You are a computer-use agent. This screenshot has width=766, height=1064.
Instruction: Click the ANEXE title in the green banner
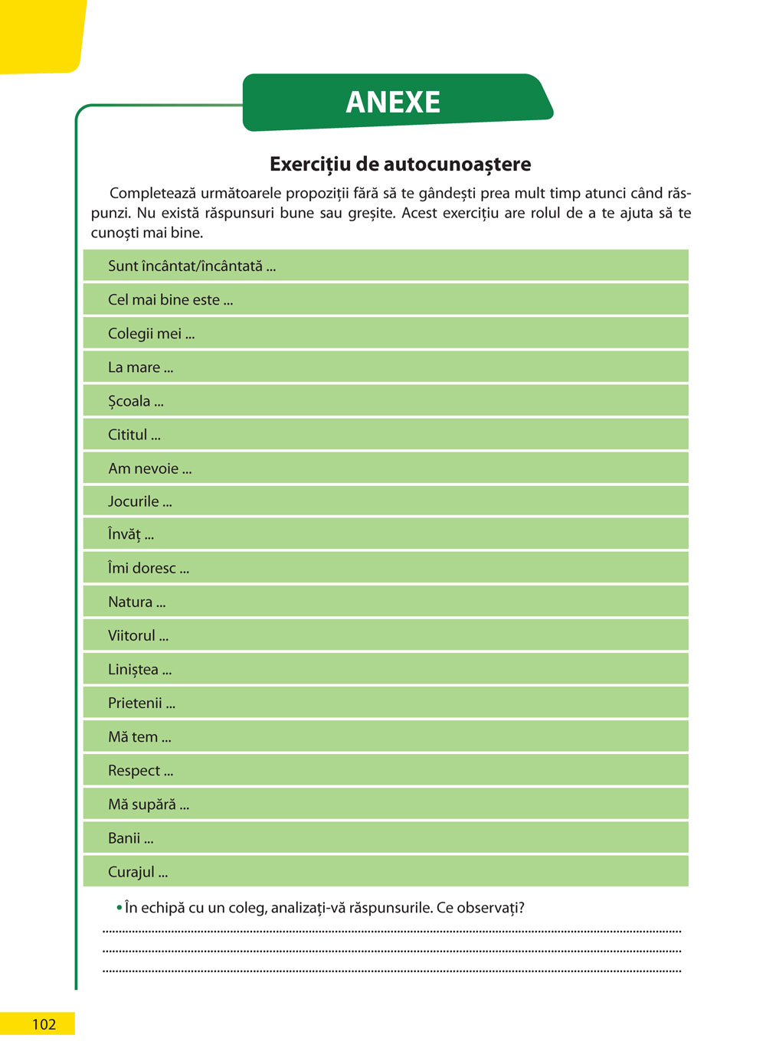(x=393, y=102)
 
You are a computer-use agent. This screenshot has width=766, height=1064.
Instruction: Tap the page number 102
(x=44, y=1024)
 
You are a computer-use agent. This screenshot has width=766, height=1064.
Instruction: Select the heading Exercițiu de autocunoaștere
(x=400, y=164)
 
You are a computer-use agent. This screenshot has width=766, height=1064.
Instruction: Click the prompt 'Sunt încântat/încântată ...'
(x=191, y=266)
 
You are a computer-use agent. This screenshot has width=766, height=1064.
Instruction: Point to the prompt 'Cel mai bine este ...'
(x=170, y=300)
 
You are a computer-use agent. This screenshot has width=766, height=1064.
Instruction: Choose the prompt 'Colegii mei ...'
(x=151, y=334)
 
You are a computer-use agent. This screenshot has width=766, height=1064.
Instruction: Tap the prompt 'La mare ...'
(x=140, y=367)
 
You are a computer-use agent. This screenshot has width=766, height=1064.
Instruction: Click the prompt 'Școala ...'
(x=136, y=401)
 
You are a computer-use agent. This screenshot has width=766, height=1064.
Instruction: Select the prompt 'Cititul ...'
(x=134, y=435)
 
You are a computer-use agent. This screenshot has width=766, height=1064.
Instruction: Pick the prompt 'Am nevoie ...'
(x=149, y=468)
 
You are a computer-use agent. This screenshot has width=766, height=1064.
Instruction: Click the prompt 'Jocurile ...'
(x=139, y=501)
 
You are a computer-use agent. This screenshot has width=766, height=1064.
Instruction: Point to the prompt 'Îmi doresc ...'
(x=148, y=568)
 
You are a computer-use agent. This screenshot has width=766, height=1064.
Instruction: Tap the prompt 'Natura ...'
(x=136, y=602)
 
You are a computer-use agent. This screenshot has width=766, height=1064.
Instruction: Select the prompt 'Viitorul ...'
(x=138, y=635)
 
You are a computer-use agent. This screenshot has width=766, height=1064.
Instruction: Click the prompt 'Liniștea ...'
(x=139, y=669)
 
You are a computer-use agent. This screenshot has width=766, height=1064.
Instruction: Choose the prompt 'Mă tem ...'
(x=139, y=736)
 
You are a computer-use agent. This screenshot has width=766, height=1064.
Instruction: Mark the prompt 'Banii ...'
(x=130, y=838)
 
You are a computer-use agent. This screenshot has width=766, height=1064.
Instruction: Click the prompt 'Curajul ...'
(x=137, y=872)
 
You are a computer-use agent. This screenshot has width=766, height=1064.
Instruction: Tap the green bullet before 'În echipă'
(x=119, y=908)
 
